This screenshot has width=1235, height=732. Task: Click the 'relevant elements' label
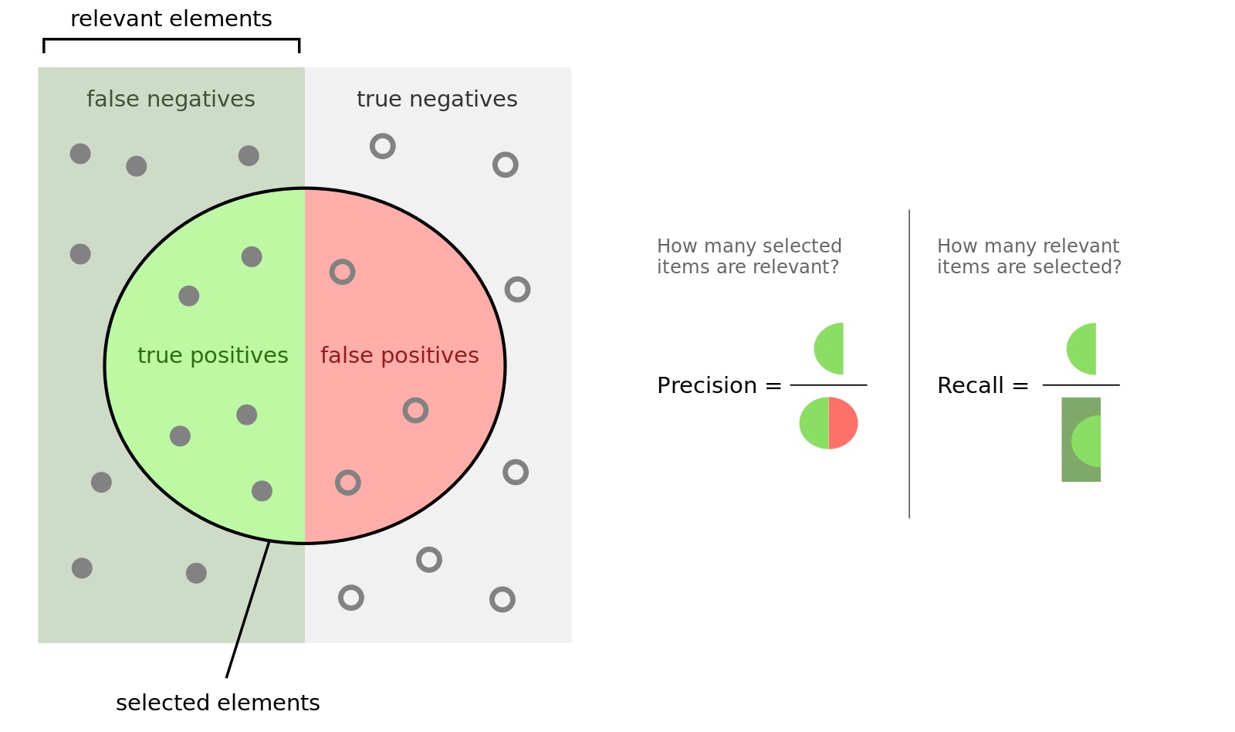tap(171, 19)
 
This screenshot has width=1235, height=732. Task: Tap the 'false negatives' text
tap(171, 99)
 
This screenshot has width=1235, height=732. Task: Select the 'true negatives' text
tap(437, 99)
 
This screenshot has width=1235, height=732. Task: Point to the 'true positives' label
tap(212, 355)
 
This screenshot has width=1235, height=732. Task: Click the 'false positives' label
tap(399, 355)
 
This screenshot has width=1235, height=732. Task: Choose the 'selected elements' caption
tap(218, 703)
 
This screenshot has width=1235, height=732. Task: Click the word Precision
tap(706, 385)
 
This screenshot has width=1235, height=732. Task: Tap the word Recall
tap(970, 385)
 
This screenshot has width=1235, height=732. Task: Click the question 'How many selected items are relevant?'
tap(749, 256)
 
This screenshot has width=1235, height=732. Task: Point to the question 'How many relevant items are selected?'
tap(1029, 256)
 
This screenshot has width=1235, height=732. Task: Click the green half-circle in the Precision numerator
tap(831, 349)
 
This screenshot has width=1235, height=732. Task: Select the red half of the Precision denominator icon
tap(843, 423)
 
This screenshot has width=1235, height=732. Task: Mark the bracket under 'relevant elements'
tap(171, 39)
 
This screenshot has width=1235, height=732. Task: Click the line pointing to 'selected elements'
tap(247, 611)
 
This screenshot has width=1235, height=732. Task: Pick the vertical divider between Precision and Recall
tap(909, 363)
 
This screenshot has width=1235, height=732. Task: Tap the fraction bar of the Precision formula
tap(828, 385)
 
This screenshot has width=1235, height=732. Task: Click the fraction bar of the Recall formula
tap(1081, 385)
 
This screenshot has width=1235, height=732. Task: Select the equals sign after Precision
tap(773, 385)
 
